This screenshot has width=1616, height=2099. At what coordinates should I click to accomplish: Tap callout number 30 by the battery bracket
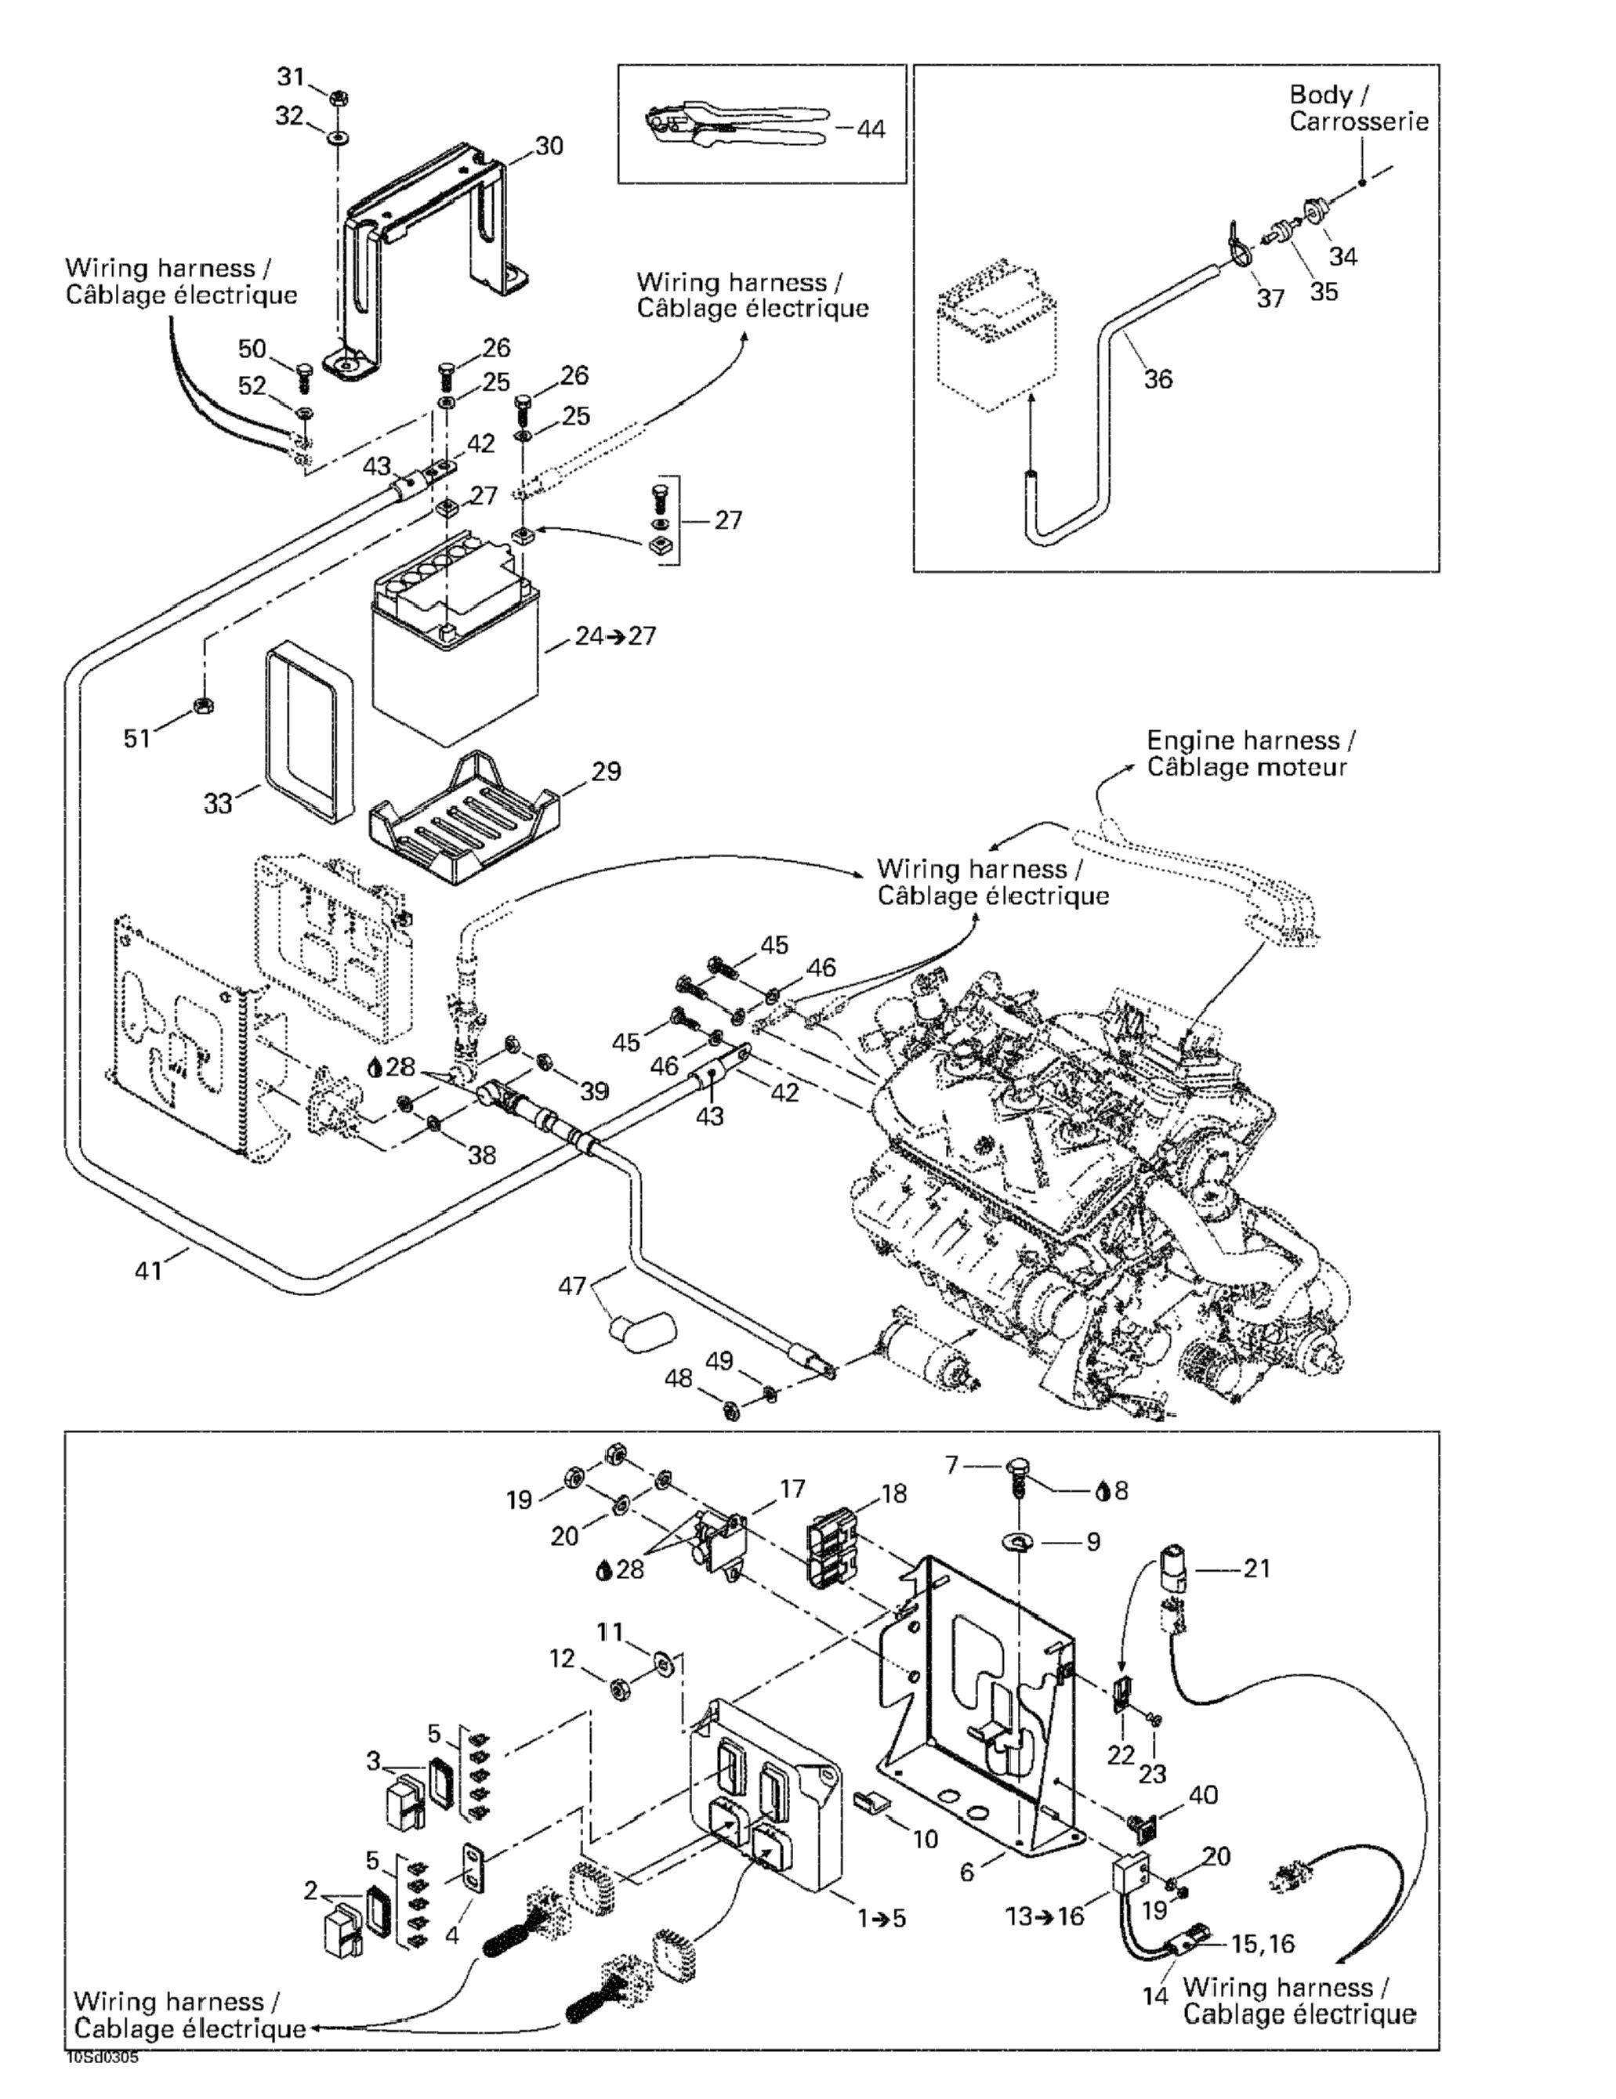549,146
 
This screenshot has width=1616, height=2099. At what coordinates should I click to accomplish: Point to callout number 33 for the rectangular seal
217,802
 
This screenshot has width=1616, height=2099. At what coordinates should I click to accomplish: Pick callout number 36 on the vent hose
1158,378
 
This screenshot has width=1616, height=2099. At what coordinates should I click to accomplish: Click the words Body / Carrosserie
1357,107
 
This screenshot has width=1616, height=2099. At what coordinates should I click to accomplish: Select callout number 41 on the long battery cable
148,1271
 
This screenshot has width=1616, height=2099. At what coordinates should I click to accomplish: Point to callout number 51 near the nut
136,737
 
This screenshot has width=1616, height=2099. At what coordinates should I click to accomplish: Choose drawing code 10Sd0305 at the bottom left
103,2058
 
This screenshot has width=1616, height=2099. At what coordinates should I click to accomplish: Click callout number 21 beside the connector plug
1256,1569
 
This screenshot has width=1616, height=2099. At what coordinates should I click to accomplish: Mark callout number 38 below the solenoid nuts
482,1153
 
